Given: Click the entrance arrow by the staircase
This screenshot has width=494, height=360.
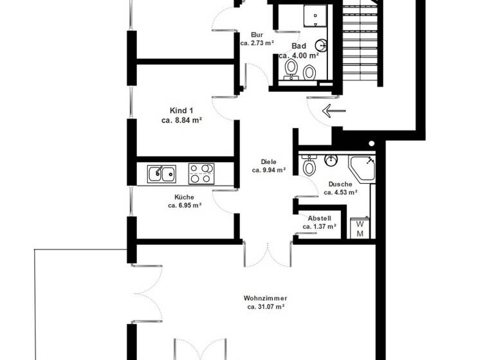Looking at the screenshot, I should (333, 111).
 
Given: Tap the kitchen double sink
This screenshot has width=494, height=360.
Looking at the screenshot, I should (161, 172).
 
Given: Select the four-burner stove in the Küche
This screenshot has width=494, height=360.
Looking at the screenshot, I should (201, 172).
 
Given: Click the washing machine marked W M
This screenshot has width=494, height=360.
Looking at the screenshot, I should (360, 229).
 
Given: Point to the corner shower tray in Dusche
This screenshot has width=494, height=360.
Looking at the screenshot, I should (364, 169).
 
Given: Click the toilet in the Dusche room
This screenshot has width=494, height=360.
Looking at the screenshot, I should (309, 167).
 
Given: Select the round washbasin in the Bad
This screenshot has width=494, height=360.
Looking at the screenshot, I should (322, 45).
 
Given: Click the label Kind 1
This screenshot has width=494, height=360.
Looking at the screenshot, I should (182, 110).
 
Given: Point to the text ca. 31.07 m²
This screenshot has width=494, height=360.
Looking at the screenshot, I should (265, 307).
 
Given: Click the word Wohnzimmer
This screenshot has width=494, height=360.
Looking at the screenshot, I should (265, 298).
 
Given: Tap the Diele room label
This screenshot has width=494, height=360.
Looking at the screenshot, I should (268, 162).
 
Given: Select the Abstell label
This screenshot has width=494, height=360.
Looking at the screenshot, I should (320, 218).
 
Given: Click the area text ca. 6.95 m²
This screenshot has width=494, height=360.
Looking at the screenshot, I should (185, 206).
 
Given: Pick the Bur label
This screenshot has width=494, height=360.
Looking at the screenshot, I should (257, 35).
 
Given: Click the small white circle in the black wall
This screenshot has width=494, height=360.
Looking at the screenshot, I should (371, 143).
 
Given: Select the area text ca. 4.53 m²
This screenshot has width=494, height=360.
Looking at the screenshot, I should (341, 192).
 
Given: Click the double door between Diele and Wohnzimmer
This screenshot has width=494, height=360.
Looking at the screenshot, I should (268, 255).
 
